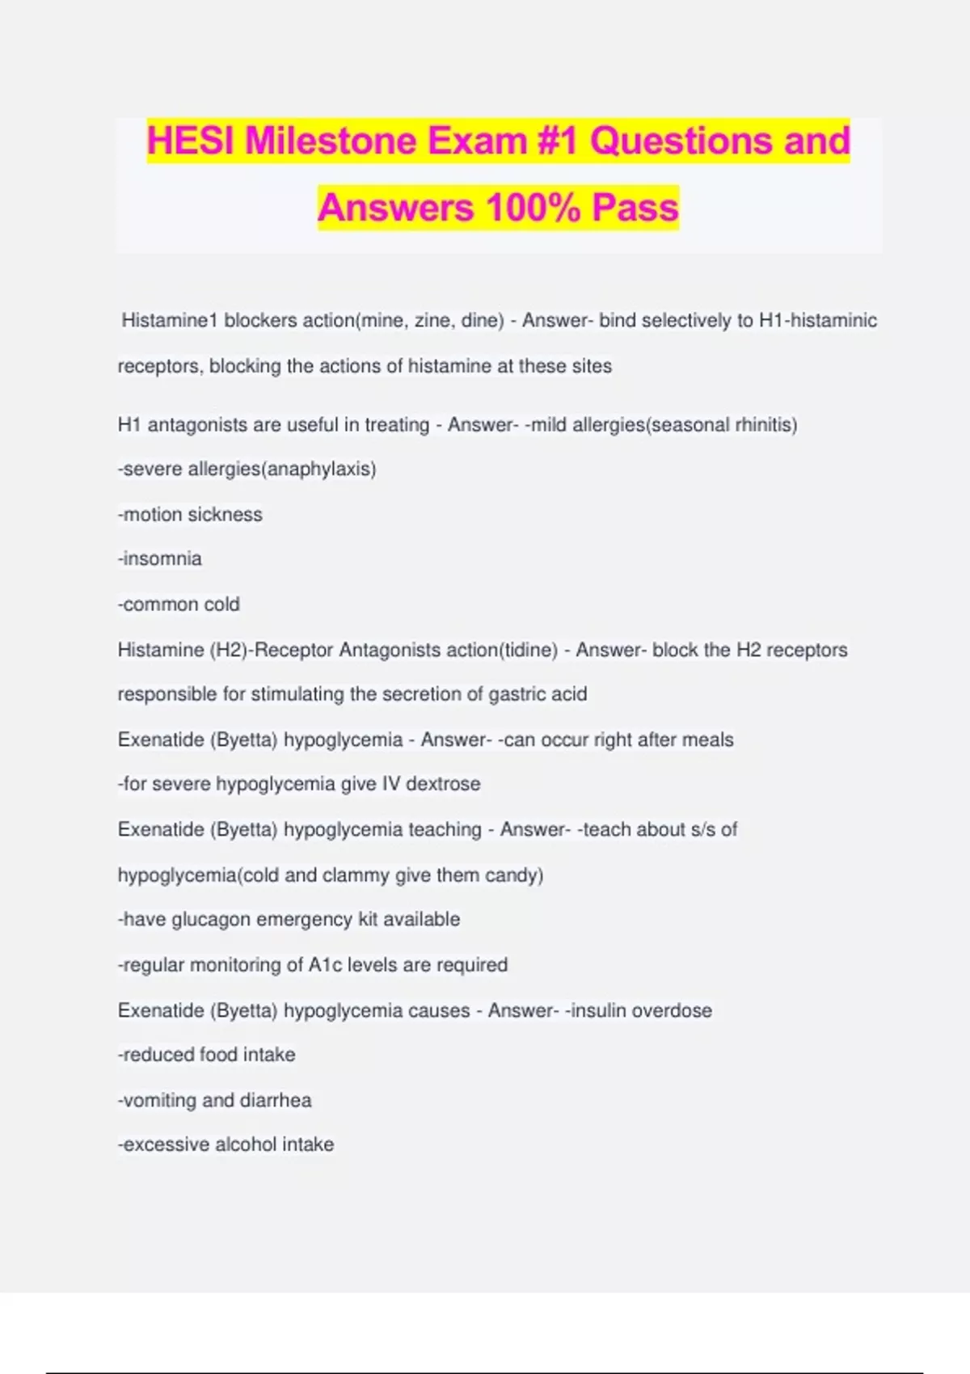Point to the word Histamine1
coord(170,321)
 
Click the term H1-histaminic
coord(817,321)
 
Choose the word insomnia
coord(162,559)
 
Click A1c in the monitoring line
coord(323,965)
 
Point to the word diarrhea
coord(276,1101)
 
